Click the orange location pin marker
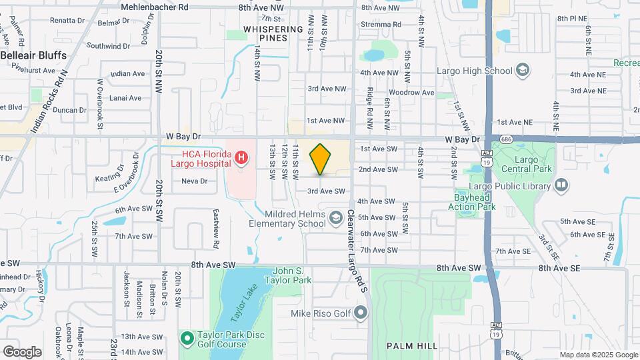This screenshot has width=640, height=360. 320,159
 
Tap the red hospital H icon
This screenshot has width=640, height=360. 242,159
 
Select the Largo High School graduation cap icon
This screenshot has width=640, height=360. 523,71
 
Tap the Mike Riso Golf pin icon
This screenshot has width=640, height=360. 361,313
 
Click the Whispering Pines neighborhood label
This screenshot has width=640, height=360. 273,33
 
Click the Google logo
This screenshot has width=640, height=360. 22,351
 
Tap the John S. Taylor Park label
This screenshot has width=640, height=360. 293,276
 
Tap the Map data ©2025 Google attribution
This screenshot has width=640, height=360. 598,355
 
